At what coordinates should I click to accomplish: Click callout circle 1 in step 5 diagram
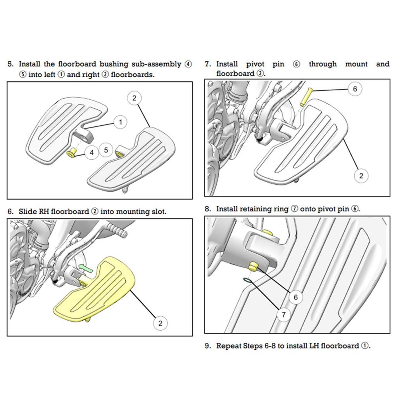tap(121, 123)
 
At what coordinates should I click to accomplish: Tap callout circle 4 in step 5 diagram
tap(92, 152)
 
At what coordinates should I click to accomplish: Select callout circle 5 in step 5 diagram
tap(107, 150)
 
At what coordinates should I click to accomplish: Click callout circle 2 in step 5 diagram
tap(134, 98)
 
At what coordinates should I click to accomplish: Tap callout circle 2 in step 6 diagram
tap(161, 323)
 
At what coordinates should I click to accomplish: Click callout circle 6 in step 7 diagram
tap(355, 89)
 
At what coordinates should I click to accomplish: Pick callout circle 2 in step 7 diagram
tap(361, 176)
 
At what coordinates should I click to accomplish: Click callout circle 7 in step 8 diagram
tap(283, 314)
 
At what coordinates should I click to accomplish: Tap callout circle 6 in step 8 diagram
tap(296, 297)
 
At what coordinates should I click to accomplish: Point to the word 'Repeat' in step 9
tap(229, 346)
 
